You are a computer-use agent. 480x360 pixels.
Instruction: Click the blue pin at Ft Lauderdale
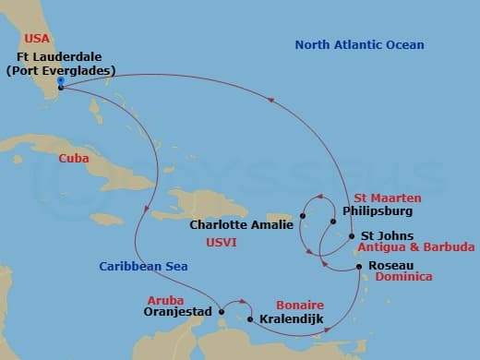click(60, 82)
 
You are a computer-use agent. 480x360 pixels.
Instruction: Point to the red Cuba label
click(75, 158)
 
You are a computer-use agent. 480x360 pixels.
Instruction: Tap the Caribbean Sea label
click(144, 266)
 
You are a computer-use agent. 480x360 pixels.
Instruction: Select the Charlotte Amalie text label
click(242, 224)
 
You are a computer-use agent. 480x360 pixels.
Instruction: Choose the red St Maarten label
click(388, 198)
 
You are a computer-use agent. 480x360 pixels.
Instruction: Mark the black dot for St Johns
click(352, 236)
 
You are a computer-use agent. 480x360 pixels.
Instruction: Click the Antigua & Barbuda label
click(416, 247)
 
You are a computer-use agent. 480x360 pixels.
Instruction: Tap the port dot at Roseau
click(359, 267)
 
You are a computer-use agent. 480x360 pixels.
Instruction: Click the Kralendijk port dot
click(250, 319)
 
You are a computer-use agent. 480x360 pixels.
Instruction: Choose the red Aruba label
click(165, 301)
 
